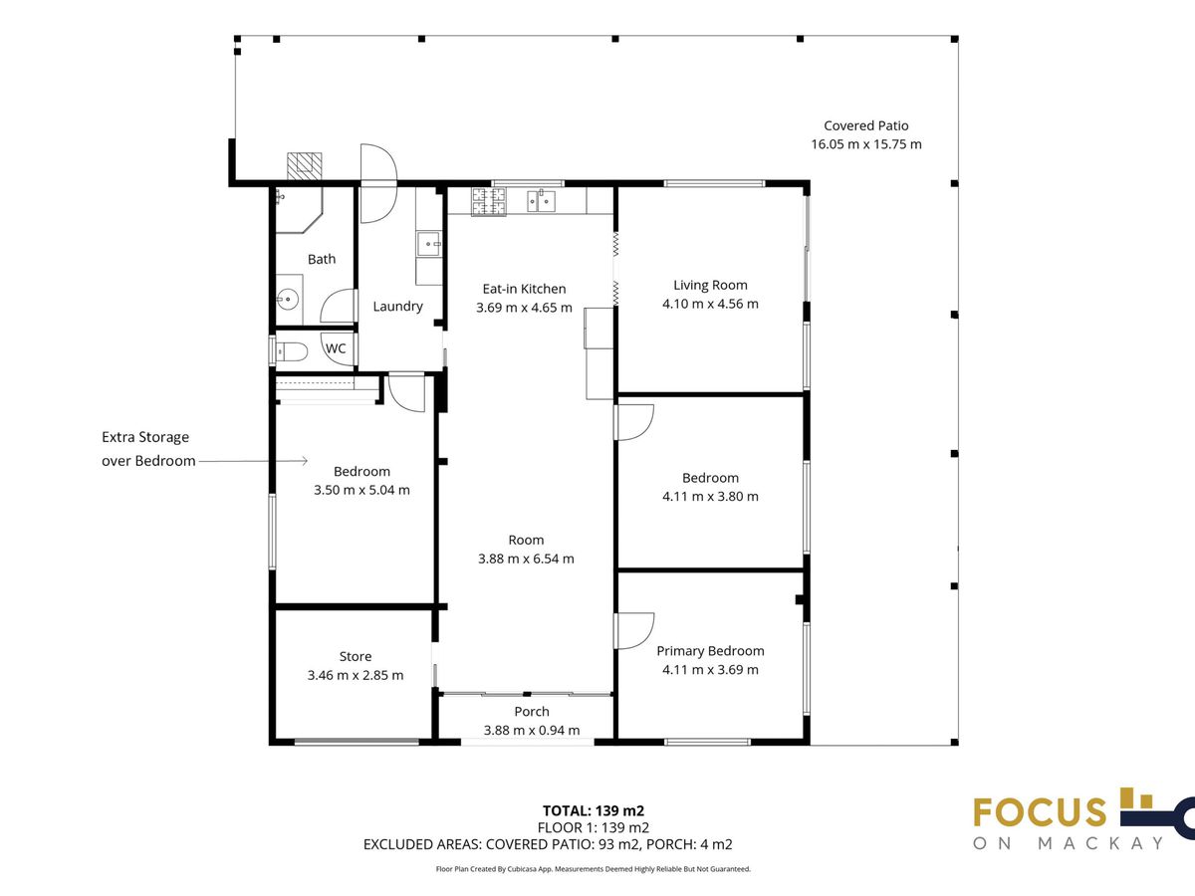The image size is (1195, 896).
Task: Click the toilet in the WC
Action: [292, 352]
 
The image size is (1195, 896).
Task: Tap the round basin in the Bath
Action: [287, 299]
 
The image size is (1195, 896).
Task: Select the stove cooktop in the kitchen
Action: [488, 201]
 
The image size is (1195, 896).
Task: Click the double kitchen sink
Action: [541, 201]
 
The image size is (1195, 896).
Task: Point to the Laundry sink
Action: [429, 244]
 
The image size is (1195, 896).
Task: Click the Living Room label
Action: [710, 285]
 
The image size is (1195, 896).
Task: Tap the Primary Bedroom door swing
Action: [633, 631]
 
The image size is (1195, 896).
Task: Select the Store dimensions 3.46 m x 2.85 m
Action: [355, 675]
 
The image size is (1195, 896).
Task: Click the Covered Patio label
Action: [865, 125]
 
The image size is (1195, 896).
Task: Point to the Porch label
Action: [532, 712]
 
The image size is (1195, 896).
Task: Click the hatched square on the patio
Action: [305, 166]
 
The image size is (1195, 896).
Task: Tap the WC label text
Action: [336, 348]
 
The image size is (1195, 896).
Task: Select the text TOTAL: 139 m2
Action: [594, 810]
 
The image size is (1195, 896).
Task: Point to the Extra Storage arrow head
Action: [305, 461]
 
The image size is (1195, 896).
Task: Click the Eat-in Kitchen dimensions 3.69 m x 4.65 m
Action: [524, 308]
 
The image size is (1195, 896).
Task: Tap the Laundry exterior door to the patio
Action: [378, 183]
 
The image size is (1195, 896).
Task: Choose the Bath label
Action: [322, 259]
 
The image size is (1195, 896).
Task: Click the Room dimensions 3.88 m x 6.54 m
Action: [526, 559]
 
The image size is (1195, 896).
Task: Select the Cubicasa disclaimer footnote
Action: [593, 869]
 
